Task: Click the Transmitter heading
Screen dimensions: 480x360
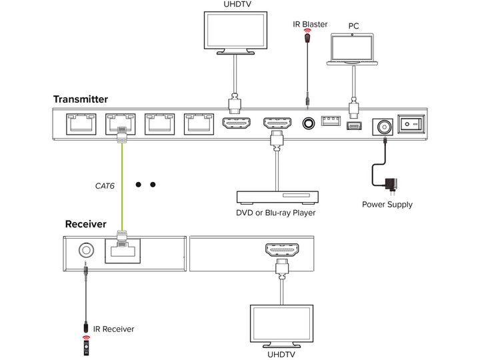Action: click(x=81, y=99)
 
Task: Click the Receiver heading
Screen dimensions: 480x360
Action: click(x=86, y=224)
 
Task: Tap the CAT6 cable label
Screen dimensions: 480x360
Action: click(x=105, y=186)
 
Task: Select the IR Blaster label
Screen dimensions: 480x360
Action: click(x=310, y=24)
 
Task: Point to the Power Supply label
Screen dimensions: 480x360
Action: click(x=387, y=205)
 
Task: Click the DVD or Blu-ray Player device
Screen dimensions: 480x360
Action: click(x=277, y=198)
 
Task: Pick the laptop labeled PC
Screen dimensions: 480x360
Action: click(x=353, y=49)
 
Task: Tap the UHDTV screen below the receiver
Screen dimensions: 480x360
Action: click(x=281, y=326)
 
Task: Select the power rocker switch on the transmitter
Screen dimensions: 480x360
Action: click(x=411, y=124)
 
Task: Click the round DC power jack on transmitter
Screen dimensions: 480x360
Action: click(x=383, y=127)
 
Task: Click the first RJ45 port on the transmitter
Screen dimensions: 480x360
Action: click(x=81, y=124)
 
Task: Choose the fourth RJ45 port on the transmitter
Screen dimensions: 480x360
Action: click(x=199, y=124)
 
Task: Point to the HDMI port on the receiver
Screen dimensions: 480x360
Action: click(x=282, y=249)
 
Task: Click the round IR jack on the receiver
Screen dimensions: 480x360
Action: click(x=86, y=251)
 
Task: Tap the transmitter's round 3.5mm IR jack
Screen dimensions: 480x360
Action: click(x=308, y=123)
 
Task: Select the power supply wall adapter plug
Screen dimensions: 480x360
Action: click(x=391, y=185)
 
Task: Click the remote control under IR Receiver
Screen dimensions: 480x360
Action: click(x=87, y=347)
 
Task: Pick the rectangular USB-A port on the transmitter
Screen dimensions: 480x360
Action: click(x=331, y=121)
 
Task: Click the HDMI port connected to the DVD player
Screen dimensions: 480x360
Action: click(x=277, y=123)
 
